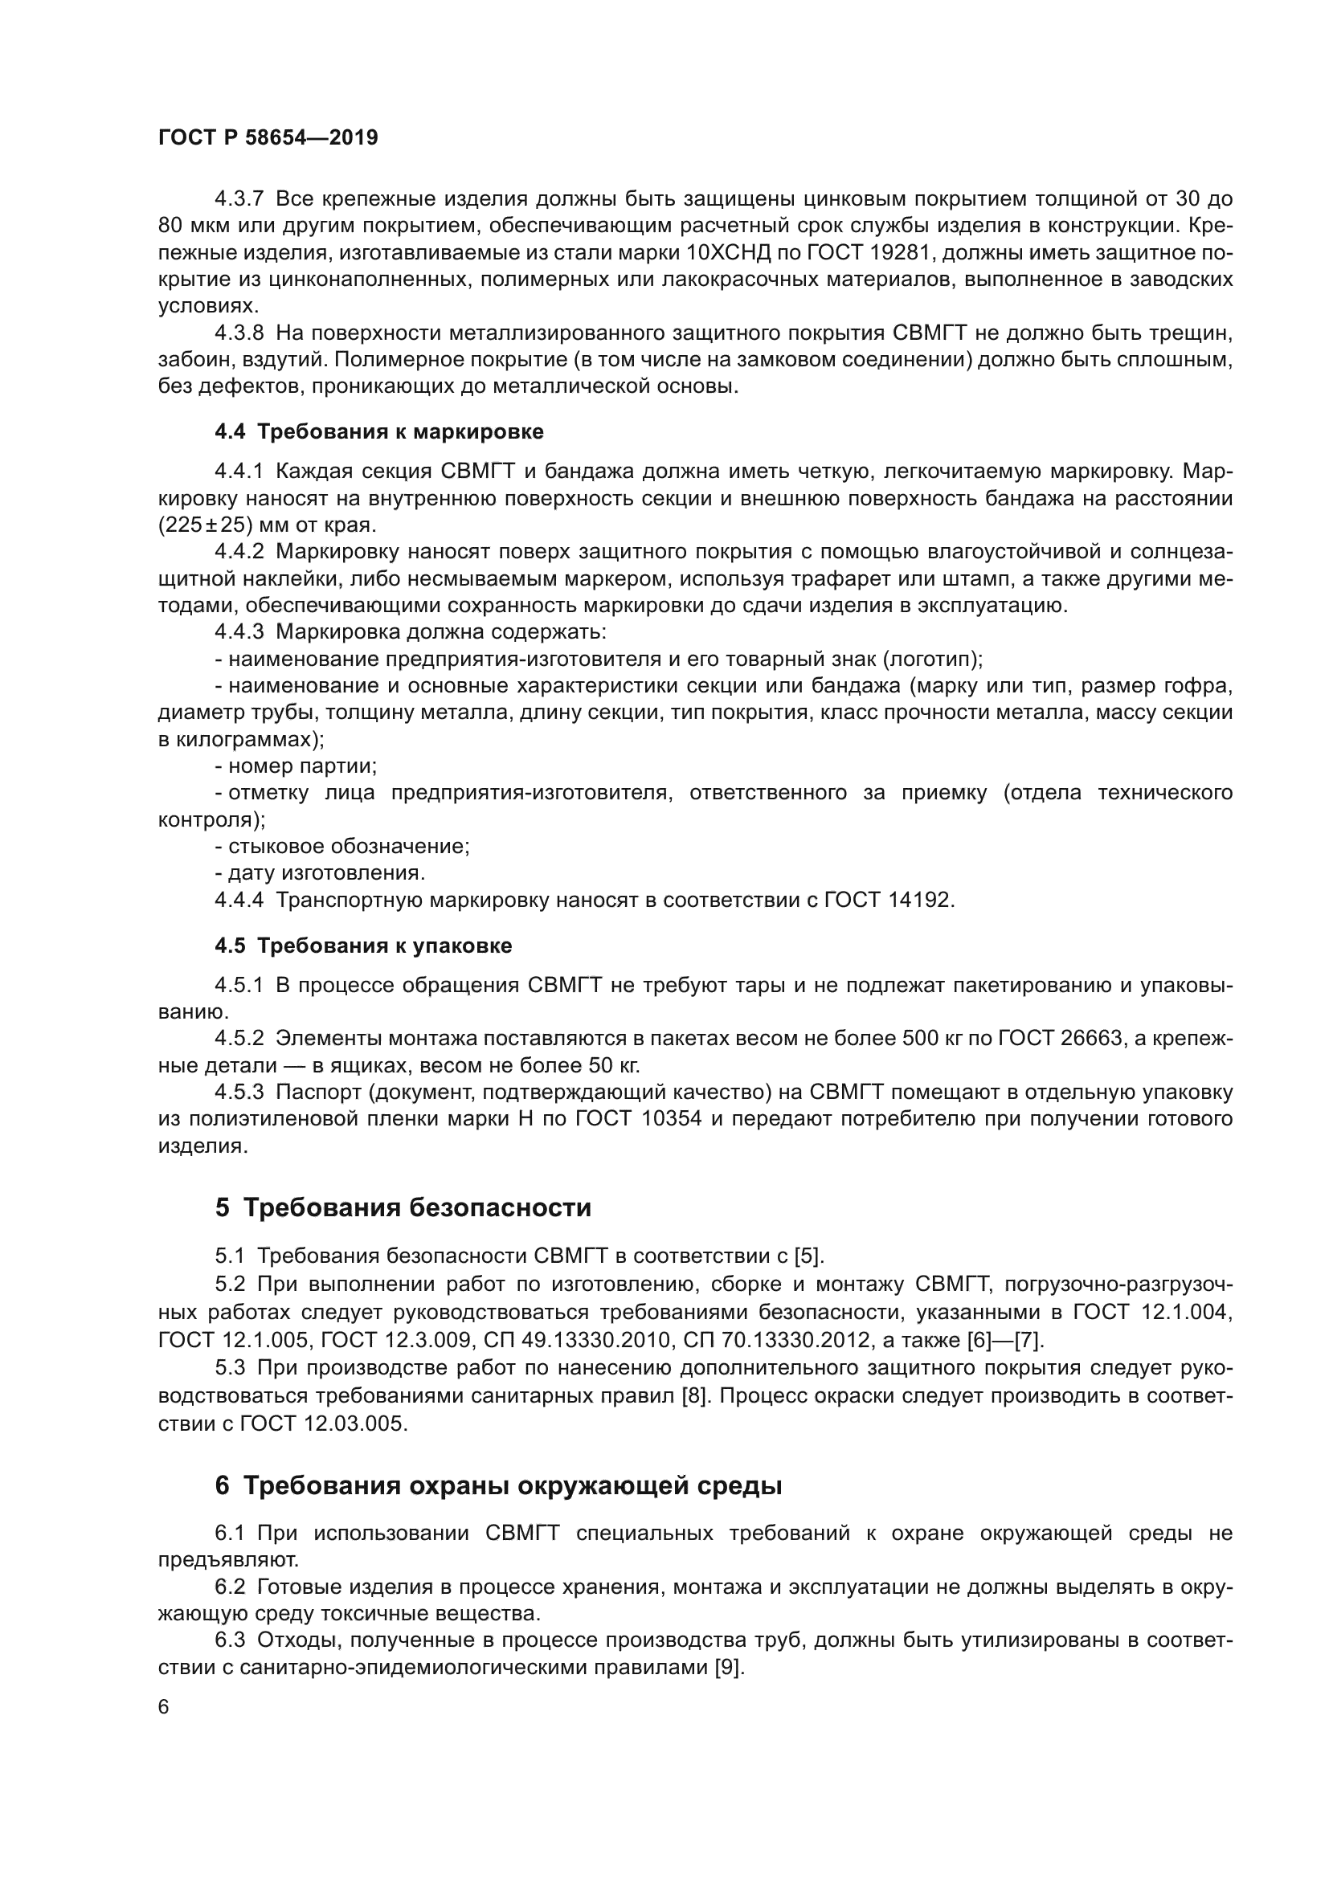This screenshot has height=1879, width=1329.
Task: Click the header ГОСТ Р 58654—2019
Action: (x=268, y=137)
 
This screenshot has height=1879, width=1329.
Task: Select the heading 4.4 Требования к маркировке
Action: (x=378, y=431)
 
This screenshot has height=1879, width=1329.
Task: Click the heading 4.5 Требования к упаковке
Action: (x=362, y=946)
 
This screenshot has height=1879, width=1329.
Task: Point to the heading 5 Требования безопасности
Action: (x=403, y=1208)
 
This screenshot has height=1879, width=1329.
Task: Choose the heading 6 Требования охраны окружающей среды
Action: (x=498, y=1485)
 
